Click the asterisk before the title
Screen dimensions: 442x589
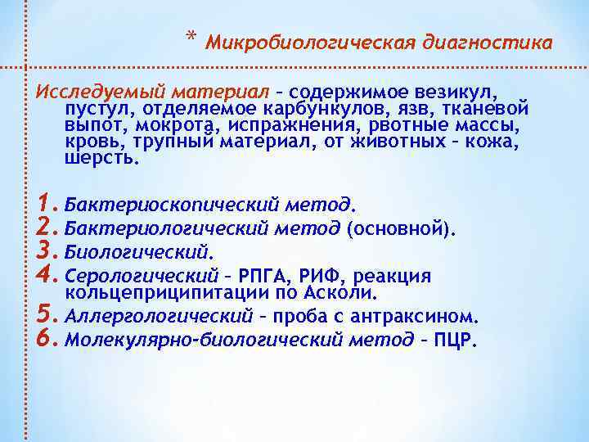click(x=191, y=38)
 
